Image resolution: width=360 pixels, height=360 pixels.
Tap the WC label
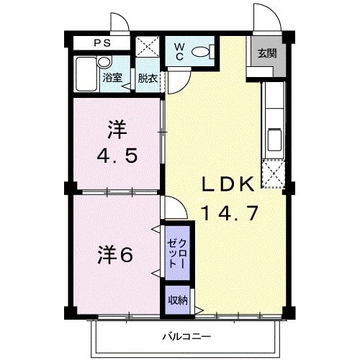180,53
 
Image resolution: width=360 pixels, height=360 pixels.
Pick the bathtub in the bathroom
86,73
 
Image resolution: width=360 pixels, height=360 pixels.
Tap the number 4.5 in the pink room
118,156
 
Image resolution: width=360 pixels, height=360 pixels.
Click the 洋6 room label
115,255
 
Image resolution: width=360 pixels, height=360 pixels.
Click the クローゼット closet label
177,253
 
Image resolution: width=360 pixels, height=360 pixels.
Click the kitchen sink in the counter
274,138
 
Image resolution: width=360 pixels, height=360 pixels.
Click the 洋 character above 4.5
117,130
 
